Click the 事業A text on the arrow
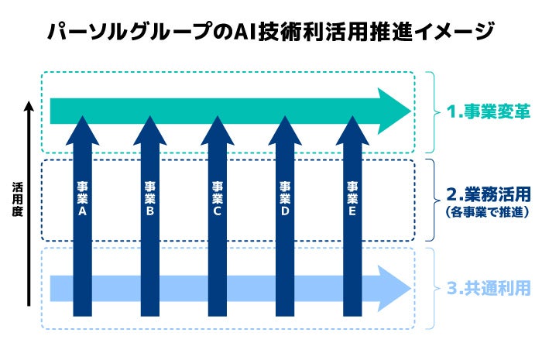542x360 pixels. tap(82, 199)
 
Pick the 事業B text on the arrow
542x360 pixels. tap(149, 199)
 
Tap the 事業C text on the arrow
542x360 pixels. tap(217, 199)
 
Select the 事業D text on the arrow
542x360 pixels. tap(284, 199)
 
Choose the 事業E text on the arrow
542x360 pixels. tap(352, 199)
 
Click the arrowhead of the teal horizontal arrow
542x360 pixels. tap(393, 111)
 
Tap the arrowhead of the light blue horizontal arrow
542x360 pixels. tap(393, 288)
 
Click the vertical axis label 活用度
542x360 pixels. tap(16, 200)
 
